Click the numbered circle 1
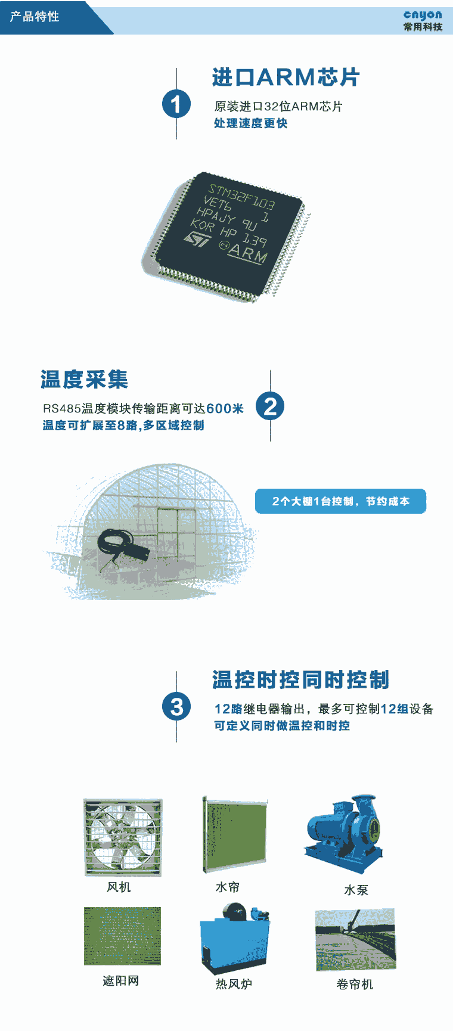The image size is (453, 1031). pyautogui.click(x=176, y=104)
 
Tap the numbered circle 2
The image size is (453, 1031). pyautogui.click(x=270, y=406)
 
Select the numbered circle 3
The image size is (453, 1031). pyautogui.click(x=176, y=707)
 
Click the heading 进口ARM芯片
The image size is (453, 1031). pyautogui.click(x=286, y=77)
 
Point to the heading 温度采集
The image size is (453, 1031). pyautogui.click(x=84, y=379)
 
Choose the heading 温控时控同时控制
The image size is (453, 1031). pyautogui.click(x=301, y=679)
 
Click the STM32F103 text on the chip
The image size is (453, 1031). pyautogui.click(x=241, y=195)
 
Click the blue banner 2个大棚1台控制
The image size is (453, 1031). pyautogui.click(x=340, y=501)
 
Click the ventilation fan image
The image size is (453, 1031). pyautogui.click(x=123, y=838)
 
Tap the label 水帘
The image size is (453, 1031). pyautogui.click(x=228, y=887)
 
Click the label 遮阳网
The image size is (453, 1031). pyautogui.click(x=121, y=980)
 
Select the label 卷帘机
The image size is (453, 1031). pyautogui.click(x=355, y=984)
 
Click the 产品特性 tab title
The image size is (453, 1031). pyautogui.click(x=35, y=17)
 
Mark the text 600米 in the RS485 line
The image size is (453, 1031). pyautogui.click(x=225, y=408)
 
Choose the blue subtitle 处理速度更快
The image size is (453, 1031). pyautogui.click(x=251, y=123)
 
